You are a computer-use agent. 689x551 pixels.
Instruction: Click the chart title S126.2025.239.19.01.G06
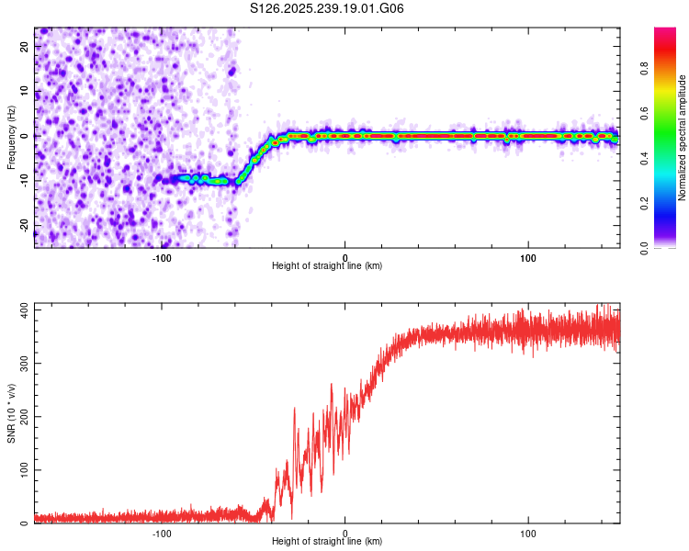tap(328, 9)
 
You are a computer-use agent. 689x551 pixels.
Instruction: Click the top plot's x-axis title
tap(327, 266)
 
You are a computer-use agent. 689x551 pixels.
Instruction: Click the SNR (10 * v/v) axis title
tap(11, 412)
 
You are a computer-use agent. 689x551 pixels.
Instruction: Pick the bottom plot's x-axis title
tap(327, 542)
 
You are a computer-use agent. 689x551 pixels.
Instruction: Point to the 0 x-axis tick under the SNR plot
tap(345, 534)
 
